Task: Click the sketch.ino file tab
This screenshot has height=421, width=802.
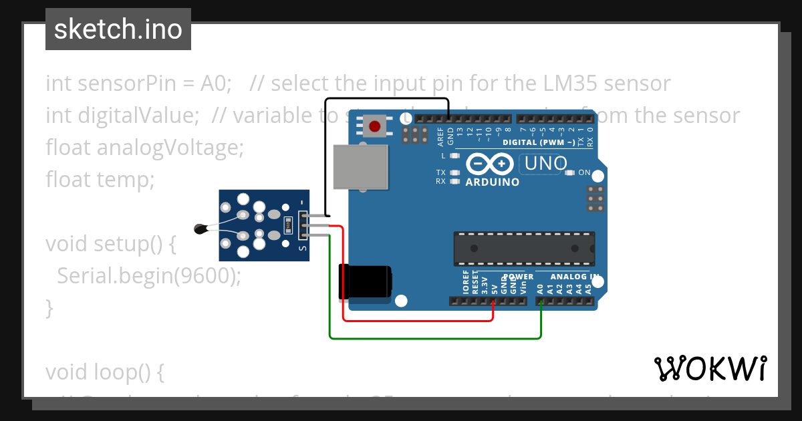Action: (x=118, y=29)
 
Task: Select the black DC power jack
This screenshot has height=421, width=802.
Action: (x=365, y=281)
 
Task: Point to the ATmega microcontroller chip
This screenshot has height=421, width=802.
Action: (x=524, y=248)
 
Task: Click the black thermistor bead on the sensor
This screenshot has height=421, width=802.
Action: (x=200, y=229)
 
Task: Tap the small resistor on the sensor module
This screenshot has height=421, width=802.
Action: (x=288, y=225)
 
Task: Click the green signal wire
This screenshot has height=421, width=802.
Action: (x=434, y=338)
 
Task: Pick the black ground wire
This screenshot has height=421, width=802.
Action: (x=388, y=99)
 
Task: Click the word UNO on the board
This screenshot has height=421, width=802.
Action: (x=546, y=163)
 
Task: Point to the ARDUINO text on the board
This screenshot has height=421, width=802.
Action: (x=493, y=182)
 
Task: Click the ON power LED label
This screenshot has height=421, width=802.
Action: (x=584, y=173)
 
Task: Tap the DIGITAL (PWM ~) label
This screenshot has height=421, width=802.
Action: (x=539, y=142)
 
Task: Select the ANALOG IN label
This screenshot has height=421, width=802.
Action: (x=573, y=276)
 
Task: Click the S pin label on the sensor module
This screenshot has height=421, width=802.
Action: (x=303, y=248)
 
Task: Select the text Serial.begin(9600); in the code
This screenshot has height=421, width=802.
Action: (x=149, y=275)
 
